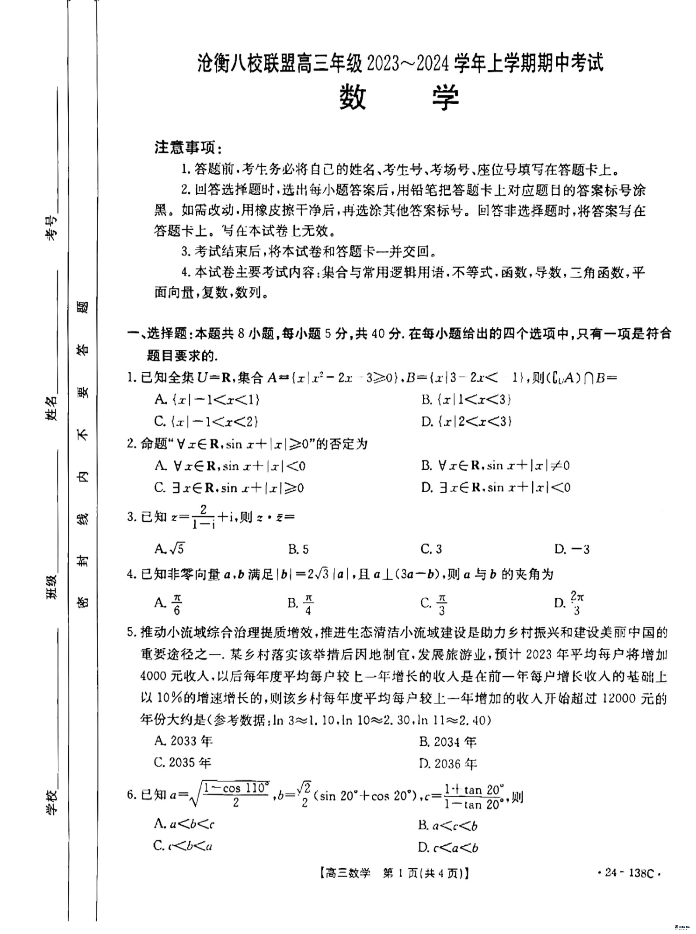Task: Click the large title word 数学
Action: pos(399,98)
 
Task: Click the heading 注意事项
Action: pos(188,148)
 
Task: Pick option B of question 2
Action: pos(495,466)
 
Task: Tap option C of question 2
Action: pos(229,488)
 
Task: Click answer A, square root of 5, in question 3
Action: pos(170,549)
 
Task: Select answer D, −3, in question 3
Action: pos(572,549)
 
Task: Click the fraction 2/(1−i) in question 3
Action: pos(203,517)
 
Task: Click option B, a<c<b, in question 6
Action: pos(448,826)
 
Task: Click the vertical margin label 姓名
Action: pos(51,409)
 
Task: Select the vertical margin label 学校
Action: pos(51,802)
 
